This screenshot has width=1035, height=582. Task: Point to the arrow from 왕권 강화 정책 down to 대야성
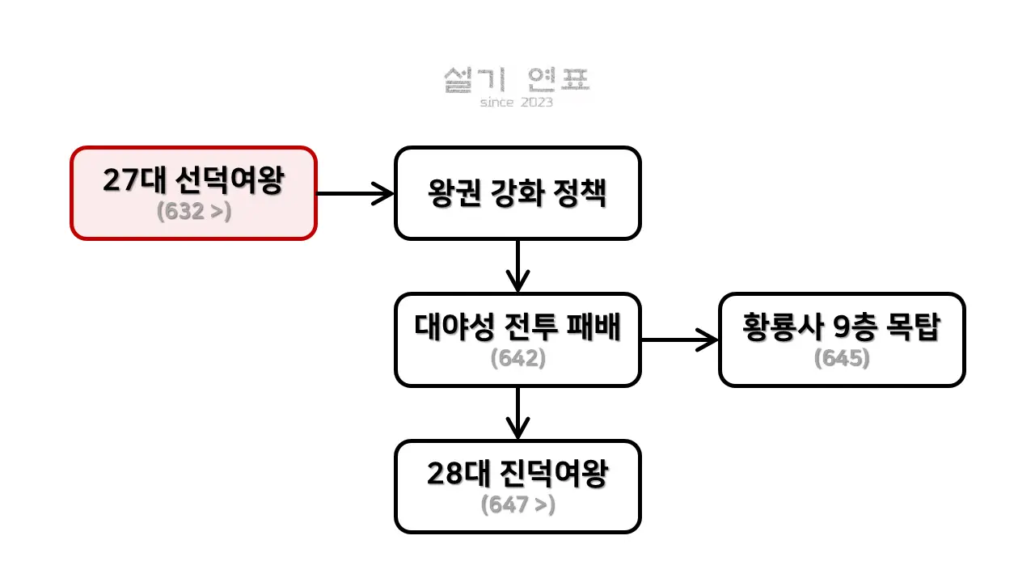coord(517,266)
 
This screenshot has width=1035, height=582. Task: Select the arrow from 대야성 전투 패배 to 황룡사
coord(679,339)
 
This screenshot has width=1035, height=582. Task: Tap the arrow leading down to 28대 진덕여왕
coord(517,413)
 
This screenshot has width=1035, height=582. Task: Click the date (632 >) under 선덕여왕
coord(193,212)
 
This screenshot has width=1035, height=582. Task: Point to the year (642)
coord(517,358)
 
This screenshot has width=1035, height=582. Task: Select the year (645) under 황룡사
coord(842,358)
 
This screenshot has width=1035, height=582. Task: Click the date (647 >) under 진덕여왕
coord(517,505)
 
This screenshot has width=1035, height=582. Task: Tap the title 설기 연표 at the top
coord(517,79)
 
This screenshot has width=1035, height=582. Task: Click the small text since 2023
coord(517,103)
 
